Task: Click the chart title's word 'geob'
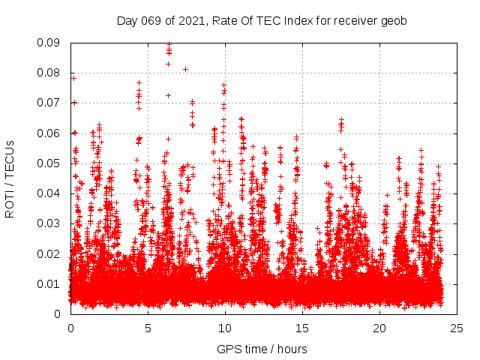point(394,21)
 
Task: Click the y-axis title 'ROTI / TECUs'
point(10,178)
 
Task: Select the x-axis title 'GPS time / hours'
point(262,349)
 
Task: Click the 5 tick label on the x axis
point(148,328)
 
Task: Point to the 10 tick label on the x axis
point(225,328)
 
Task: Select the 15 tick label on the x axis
point(302,328)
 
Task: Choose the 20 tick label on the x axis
point(379,328)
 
